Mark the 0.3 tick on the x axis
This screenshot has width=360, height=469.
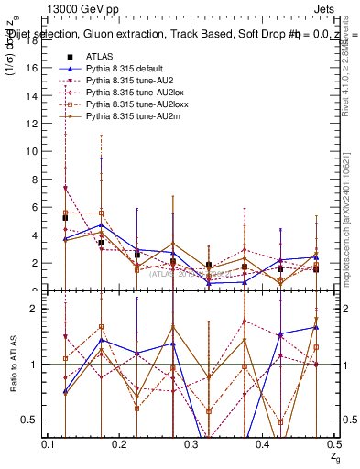click(x=191, y=444)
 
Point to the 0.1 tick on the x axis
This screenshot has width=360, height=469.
click(x=48, y=444)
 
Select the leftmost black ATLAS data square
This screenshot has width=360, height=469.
click(x=65, y=218)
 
